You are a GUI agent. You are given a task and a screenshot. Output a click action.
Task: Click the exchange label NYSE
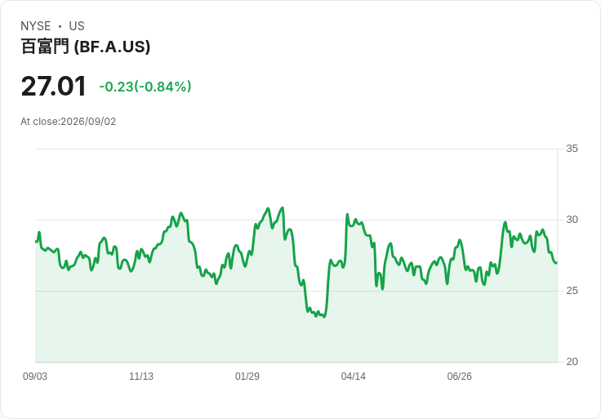click(x=36, y=26)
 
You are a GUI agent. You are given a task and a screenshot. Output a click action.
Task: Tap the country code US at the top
click(x=77, y=26)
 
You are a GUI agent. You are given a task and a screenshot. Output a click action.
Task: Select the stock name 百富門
click(x=45, y=47)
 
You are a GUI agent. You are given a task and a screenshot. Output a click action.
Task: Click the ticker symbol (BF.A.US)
click(x=112, y=47)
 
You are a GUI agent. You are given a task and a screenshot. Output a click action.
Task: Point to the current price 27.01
click(x=54, y=87)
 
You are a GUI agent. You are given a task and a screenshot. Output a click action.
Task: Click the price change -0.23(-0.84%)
click(x=145, y=87)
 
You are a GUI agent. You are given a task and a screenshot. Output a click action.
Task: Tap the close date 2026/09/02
click(x=88, y=122)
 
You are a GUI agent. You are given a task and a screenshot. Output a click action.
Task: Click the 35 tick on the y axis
click(x=572, y=149)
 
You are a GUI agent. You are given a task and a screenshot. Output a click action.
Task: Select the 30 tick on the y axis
click(x=572, y=220)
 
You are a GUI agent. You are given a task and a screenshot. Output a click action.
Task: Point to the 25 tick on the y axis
click(x=572, y=291)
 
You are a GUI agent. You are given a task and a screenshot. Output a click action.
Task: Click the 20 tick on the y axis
click(x=572, y=362)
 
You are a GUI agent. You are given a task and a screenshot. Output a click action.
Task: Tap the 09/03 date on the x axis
click(x=35, y=377)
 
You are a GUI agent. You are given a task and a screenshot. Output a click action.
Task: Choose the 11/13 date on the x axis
click(x=141, y=377)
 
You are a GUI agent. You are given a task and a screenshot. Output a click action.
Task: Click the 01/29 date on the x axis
click(x=247, y=377)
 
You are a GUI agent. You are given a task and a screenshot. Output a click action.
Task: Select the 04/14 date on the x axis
click(x=354, y=377)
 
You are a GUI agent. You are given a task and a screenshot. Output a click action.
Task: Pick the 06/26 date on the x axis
click(x=459, y=377)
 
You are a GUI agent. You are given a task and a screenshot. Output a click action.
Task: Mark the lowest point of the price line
click(x=324, y=317)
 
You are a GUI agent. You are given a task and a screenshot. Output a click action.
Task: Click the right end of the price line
click(x=557, y=263)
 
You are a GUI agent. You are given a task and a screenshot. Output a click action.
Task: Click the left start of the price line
click(x=36, y=242)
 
